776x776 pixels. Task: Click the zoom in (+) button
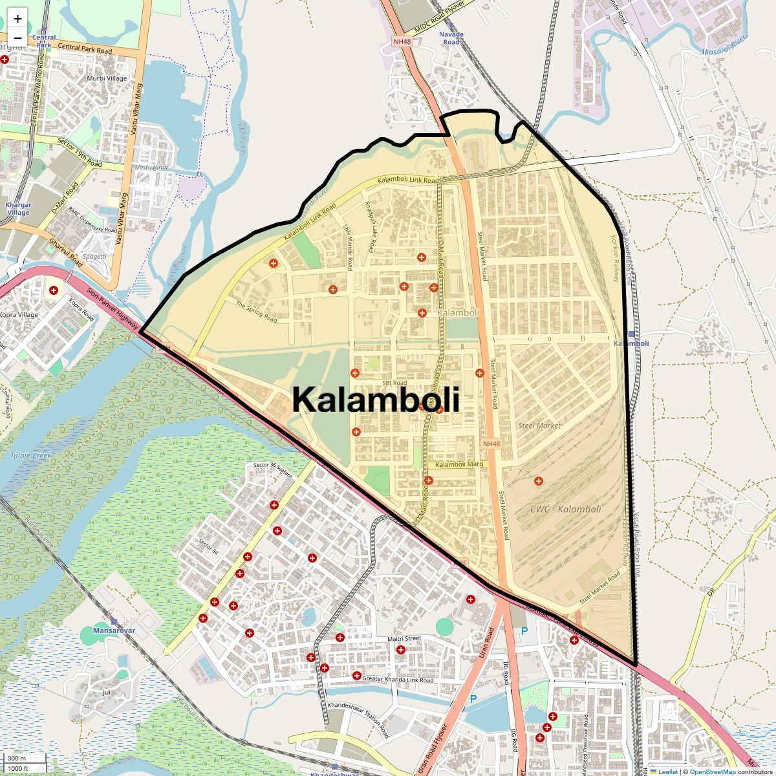tap(17, 19)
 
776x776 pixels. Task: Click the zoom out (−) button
tap(17, 38)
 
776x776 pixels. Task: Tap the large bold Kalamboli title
tap(376, 400)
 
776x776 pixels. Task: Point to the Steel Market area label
tap(539, 426)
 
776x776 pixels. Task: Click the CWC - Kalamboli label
tap(565, 509)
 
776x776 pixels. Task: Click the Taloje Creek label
tap(30, 455)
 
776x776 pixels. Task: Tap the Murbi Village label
tap(107, 78)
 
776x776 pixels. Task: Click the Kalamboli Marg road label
tap(459, 464)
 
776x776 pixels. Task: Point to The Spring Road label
tap(256, 312)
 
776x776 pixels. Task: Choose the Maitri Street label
tap(404, 639)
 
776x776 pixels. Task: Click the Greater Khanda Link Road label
tap(398, 680)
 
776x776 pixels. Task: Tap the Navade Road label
tap(451, 38)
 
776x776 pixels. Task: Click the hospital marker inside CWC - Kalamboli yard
tap(538, 481)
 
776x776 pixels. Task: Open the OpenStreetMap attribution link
tap(713, 771)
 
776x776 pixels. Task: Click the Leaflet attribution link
tap(667, 771)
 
